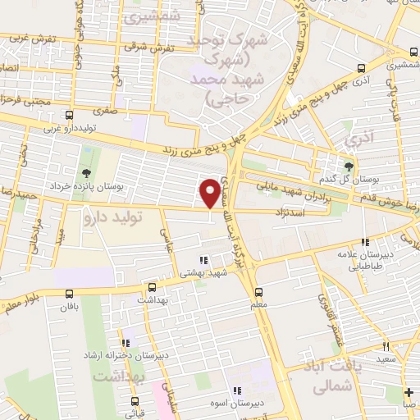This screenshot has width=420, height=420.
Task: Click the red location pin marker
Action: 211,194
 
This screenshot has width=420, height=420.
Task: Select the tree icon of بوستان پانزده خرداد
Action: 86,172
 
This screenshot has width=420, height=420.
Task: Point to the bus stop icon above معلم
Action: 259,292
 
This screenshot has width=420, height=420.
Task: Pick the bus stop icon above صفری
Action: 70,116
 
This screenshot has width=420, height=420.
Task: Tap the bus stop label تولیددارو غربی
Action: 75,129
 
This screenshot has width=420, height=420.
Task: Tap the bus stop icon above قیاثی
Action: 136,401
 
